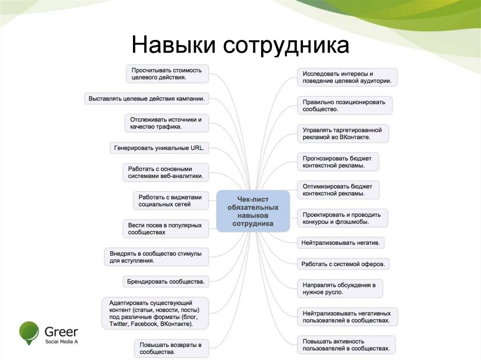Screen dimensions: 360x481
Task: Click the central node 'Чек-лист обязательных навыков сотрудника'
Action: pyautogui.click(x=253, y=211)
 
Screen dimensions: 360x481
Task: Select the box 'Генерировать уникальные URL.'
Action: pyautogui.click(x=160, y=148)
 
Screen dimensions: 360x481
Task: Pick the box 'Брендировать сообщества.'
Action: pyautogui.click(x=166, y=282)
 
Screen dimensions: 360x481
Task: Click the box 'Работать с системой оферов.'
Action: pyautogui.click(x=343, y=264)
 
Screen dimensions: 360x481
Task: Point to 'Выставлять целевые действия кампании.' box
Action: pyautogui.click(x=147, y=99)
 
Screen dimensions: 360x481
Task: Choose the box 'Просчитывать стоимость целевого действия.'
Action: pyautogui.click(x=167, y=74)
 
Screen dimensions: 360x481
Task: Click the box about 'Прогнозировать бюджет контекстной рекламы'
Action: pyautogui.click(x=338, y=162)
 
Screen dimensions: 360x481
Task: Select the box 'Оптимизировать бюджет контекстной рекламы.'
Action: pyautogui.click(x=338, y=190)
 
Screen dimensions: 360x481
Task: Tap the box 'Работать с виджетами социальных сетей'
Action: pyautogui.click(x=171, y=200)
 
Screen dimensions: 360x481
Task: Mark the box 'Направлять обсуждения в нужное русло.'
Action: pyautogui.click(x=340, y=288)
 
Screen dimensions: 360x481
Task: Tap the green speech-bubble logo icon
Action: pyautogui.click(x=29, y=332)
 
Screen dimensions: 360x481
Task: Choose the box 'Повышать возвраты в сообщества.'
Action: pyautogui.click(x=171, y=348)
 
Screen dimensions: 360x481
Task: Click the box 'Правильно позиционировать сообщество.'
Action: pyautogui.click(x=344, y=106)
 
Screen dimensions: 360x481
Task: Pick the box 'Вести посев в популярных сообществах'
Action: pyautogui.click(x=165, y=229)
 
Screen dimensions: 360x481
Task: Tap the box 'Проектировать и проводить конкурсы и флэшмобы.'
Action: pyautogui.click(x=341, y=218)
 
